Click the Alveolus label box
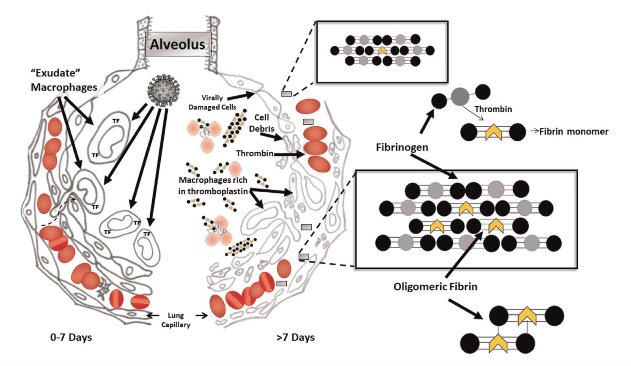[x=178, y=44]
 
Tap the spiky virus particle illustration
[x=163, y=90]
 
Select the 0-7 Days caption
[x=71, y=337]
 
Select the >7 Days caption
[x=295, y=337]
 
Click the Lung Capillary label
[x=176, y=320]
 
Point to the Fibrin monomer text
[x=574, y=132]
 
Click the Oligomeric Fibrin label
[x=435, y=287]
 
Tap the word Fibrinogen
[x=402, y=147]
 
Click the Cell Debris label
[x=261, y=123]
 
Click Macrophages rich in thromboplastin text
[x=213, y=185]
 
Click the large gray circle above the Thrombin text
[x=460, y=97]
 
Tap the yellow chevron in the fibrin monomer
[x=493, y=132]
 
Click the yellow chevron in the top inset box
[x=382, y=51]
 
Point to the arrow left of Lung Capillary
[x=153, y=315]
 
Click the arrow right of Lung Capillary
[x=202, y=315]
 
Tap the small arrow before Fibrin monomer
[x=534, y=131]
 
